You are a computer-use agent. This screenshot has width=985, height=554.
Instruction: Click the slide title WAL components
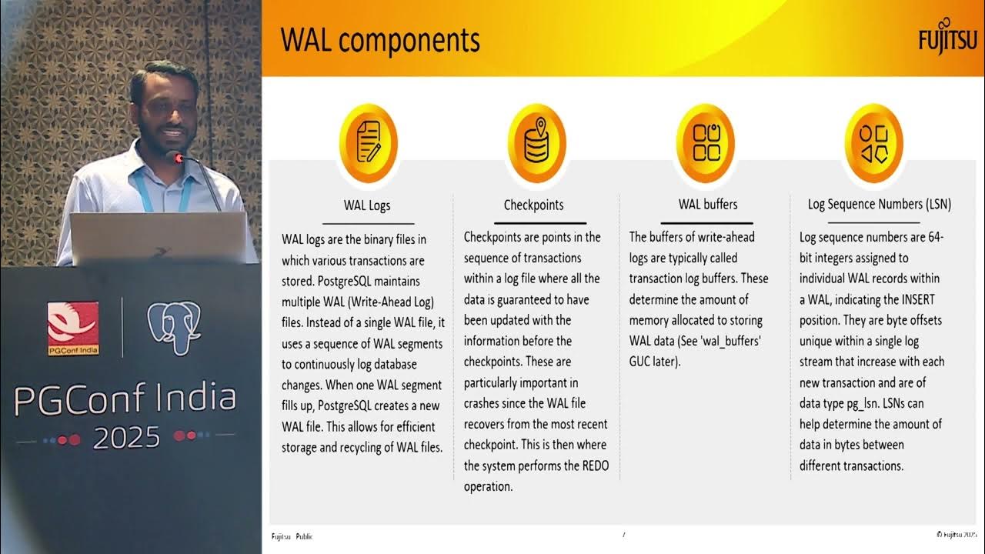[x=379, y=40]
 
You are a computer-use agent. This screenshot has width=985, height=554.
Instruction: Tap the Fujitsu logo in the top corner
[x=947, y=39]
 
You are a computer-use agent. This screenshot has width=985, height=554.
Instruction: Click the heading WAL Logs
[x=367, y=205]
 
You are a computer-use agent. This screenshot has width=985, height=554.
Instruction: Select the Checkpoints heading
[x=533, y=205]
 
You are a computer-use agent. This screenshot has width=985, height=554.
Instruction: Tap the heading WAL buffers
[x=707, y=205]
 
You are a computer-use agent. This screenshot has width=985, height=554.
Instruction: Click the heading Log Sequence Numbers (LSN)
[x=879, y=205]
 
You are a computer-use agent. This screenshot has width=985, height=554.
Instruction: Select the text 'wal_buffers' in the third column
[x=729, y=341]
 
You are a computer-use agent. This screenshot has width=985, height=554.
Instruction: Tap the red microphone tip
[x=179, y=159]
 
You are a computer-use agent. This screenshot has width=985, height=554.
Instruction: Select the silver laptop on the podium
[x=158, y=239]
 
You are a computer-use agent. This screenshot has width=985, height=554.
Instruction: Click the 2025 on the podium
[x=127, y=437]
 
